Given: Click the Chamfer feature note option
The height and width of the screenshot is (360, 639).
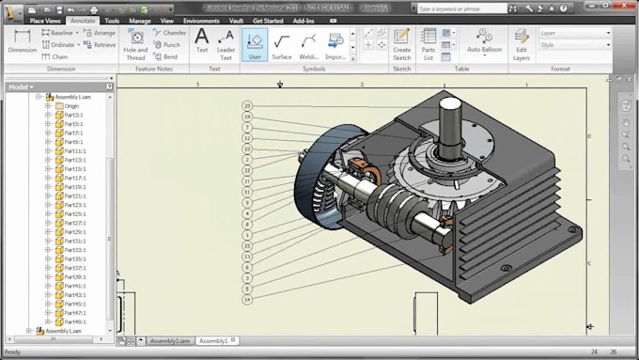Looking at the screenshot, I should pyautogui.click(x=170, y=32).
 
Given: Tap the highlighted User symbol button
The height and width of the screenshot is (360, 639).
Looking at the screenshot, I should pyautogui.click(x=255, y=44).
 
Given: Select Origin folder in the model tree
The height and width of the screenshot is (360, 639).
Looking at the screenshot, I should pyautogui.click(x=71, y=105).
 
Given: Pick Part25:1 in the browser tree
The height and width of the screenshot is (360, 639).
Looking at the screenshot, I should pyautogui.click(x=73, y=213).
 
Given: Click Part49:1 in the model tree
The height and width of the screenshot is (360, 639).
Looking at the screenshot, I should pyautogui.click(x=73, y=321).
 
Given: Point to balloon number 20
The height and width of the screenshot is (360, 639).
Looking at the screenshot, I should pyautogui.click(x=247, y=106).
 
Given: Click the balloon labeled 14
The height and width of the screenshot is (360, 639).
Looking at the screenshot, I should pyautogui.click(x=247, y=300).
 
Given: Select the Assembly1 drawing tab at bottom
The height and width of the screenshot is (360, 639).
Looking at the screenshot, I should pyautogui.click(x=213, y=340).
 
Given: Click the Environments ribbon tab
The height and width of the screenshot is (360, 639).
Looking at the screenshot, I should pyautogui.click(x=201, y=19).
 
